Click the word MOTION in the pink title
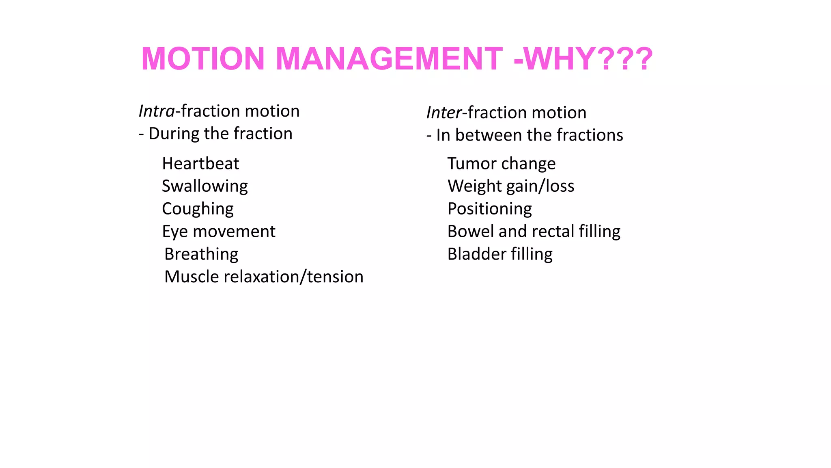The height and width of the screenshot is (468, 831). pyautogui.click(x=203, y=59)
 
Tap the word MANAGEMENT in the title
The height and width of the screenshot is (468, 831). pyautogui.click(x=389, y=59)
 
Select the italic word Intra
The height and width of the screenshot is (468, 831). pyautogui.click(x=157, y=111)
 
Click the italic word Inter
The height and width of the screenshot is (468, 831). pyautogui.click(x=444, y=113)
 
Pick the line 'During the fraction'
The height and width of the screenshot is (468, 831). pyautogui.click(x=220, y=134)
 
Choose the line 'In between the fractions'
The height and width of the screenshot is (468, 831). pyautogui.click(x=529, y=135)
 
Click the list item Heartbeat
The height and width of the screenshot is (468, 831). pyautogui.click(x=200, y=164)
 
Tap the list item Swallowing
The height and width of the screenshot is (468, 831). pyautogui.click(x=205, y=186)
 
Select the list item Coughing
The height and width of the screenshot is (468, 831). pyautogui.click(x=198, y=209)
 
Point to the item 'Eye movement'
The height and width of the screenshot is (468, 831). pyautogui.click(x=219, y=232)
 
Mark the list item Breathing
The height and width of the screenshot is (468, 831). pyautogui.click(x=201, y=254)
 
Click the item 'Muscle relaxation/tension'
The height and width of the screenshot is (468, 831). pyautogui.click(x=264, y=277)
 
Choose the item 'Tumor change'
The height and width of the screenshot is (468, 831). pyautogui.click(x=502, y=164)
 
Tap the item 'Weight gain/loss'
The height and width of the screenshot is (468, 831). pyautogui.click(x=511, y=186)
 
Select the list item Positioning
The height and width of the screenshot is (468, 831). pyautogui.click(x=490, y=209)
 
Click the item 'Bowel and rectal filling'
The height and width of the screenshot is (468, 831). pyautogui.click(x=534, y=232)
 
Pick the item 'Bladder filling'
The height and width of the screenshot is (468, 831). pyautogui.click(x=500, y=254)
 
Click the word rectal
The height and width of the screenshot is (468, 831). pyautogui.click(x=553, y=232)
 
